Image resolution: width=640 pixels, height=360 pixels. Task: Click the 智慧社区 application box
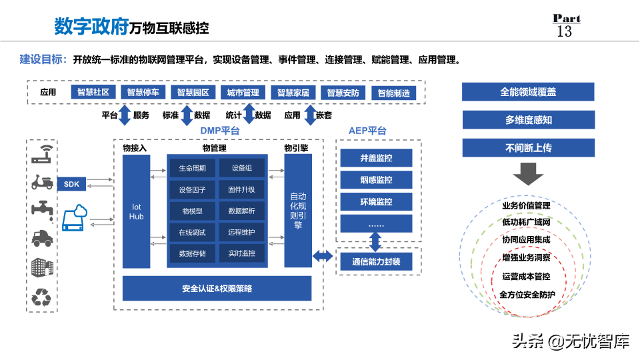click(x=93, y=93)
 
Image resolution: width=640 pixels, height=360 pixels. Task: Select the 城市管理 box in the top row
click(x=243, y=93)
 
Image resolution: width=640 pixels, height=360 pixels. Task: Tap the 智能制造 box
click(x=393, y=93)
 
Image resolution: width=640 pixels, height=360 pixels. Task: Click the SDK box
click(x=71, y=184)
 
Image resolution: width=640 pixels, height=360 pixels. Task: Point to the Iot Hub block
click(x=136, y=212)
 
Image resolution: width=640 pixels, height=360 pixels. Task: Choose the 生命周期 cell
click(x=192, y=168)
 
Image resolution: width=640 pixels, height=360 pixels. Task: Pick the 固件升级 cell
click(x=241, y=189)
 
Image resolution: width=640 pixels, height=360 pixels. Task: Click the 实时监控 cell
click(x=241, y=253)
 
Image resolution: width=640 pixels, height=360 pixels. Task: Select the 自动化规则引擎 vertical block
click(x=298, y=211)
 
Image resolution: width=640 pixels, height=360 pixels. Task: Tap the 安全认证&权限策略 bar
click(x=217, y=289)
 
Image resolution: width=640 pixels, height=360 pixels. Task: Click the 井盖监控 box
click(x=376, y=158)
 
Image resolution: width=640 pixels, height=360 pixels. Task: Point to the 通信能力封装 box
click(x=376, y=262)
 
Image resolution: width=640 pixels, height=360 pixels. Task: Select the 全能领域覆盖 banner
click(x=528, y=92)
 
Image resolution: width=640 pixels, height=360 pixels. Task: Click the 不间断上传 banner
click(x=528, y=147)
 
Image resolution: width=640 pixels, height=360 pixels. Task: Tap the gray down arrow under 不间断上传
click(x=528, y=175)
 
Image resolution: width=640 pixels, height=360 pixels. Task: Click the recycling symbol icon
click(x=42, y=297)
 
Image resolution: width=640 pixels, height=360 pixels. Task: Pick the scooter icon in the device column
click(x=42, y=181)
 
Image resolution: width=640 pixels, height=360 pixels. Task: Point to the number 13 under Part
click(x=564, y=31)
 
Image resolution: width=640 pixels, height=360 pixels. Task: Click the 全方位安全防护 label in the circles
click(x=527, y=295)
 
